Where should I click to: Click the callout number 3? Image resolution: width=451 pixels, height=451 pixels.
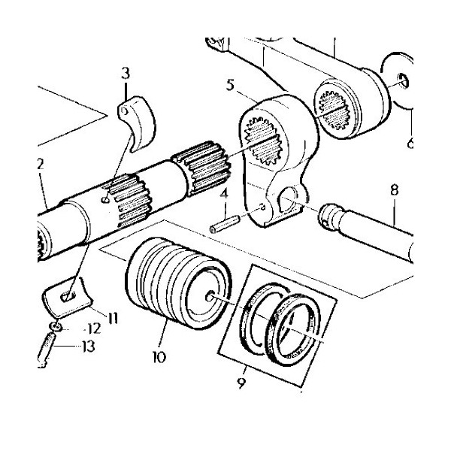click(x=126, y=73)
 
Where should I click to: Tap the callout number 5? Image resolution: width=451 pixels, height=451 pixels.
click(x=230, y=86)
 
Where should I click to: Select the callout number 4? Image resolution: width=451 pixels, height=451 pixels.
click(x=224, y=194)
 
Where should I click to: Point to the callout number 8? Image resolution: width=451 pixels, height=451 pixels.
click(x=394, y=190)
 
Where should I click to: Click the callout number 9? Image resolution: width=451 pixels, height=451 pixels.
click(x=241, y=383)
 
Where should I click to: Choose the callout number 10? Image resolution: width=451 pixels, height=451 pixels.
click(x=159, y=357)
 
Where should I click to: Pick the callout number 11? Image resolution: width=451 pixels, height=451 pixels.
click(x=112, y=318)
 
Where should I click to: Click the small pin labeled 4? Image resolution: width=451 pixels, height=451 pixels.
click(x=225, y=225)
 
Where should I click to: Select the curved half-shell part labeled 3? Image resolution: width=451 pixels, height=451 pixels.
click(x=137, y=123)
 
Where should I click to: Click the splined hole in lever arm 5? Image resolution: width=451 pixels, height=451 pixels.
click(x=264, y=141)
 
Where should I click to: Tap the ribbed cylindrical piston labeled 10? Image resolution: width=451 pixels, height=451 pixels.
click(x=179, y=283)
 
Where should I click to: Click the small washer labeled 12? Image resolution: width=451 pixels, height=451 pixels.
click(x=56, y=326)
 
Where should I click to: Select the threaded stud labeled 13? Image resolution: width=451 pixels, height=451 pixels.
click(x=45, y=350)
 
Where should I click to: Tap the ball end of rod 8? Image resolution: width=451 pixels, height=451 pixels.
click(x=328, y=216)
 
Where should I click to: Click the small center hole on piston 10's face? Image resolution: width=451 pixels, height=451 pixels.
click(x=210, y=296)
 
